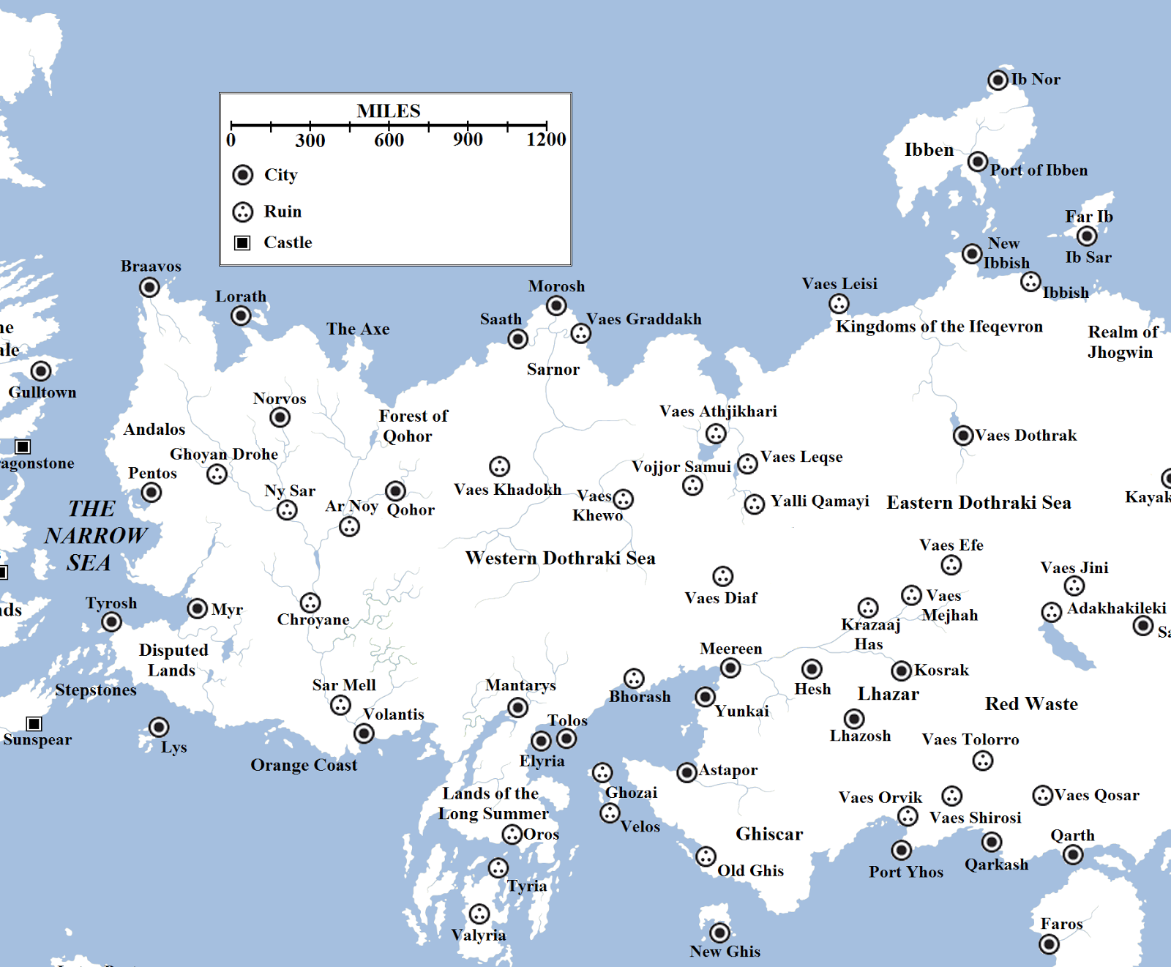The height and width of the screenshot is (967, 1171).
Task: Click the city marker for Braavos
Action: coord(149,288)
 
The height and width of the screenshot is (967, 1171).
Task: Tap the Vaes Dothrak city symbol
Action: coord(963,436)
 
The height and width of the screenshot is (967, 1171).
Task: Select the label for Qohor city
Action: coord(411,509)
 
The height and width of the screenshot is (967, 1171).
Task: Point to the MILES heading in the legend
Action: coord(389,111)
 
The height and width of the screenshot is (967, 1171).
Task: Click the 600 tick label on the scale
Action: coord(389,140)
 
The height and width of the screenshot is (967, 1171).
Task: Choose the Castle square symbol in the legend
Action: coord(242,242)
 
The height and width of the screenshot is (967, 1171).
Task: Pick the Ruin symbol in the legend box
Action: coord(242,212)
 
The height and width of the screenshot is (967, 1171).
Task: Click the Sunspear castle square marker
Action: coord(34,724)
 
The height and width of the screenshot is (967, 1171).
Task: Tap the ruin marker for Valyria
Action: coord(479,914)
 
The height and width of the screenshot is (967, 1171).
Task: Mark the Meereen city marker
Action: coord(730,668)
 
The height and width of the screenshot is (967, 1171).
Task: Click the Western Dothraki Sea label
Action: coord(560,559)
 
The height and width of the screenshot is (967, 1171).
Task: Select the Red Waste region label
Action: coord(1031,704)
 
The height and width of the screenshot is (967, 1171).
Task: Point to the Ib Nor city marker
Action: coord(998,80)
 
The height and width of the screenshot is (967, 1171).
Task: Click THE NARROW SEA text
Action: coord(95,536)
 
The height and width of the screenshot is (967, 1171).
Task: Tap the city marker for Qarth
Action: coord(1073,854)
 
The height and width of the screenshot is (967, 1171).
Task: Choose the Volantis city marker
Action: coord(364,733)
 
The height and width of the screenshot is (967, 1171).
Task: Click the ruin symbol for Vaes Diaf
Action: coord(722,576)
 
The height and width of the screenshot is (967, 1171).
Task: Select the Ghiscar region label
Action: coord(769,835)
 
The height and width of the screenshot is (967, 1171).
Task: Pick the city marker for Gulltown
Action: coord(41,371)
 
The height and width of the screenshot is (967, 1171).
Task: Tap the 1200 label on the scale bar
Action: coord(546,140)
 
